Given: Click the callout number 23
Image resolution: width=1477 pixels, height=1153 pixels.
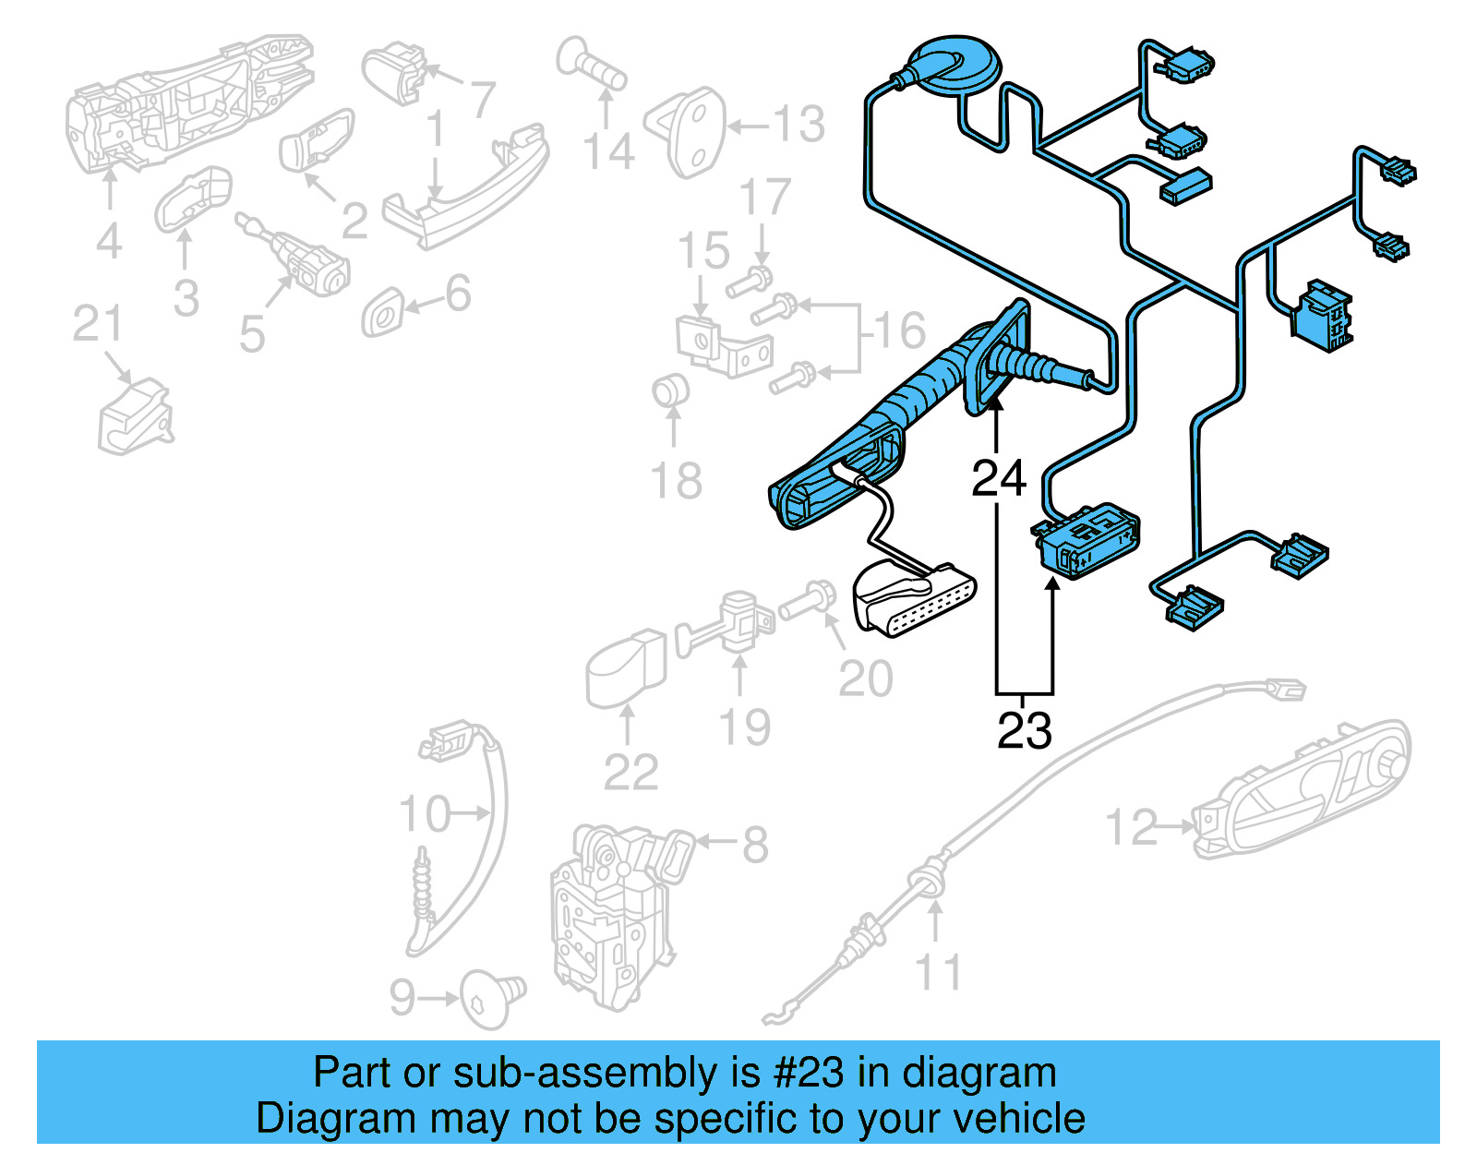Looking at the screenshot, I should pyautogui.click(x=1024, y=730).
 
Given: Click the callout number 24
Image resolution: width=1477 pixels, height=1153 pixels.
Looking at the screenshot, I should pyautogui.click(x=998, y=477).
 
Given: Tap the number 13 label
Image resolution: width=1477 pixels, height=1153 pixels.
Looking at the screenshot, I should pyautogui.click(x=799, y=124).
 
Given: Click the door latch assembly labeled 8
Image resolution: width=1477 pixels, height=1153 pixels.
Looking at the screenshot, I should pyautogui.click(x=609, y=914).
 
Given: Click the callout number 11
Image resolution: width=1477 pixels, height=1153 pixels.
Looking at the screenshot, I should pyautogui.click(x=938, y=972).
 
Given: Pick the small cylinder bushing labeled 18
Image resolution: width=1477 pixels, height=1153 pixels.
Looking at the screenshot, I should pyautogui.click(x=670, y=390).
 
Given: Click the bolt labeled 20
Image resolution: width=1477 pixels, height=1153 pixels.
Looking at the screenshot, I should pyautogui.click(x=807, y=601).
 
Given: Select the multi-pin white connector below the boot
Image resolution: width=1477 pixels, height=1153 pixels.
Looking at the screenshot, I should pyautogui.click(x=914, y=600).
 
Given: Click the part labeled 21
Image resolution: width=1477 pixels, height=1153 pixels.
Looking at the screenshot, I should pyautogui.click(x=135, y=418).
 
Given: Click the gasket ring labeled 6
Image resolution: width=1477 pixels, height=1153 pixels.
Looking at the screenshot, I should pyautogui.click(x=383, y=312).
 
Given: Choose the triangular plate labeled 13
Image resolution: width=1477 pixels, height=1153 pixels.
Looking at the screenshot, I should pyautogui.click(x=692, y=131).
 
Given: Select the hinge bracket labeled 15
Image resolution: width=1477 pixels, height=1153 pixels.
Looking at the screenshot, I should pyautogui.click(x=724, y=344).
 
